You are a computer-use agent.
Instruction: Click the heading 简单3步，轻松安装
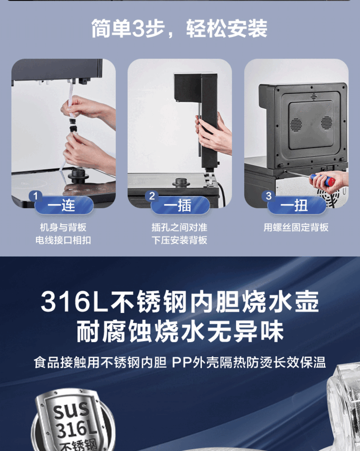click(x=180, y=28)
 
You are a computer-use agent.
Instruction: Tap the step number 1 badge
click(x=36, y=196)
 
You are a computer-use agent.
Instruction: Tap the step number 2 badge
click(x=152, y=196)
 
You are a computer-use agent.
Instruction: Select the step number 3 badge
click(x=268, y=196)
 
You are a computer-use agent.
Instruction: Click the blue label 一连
click(x=61, y=206)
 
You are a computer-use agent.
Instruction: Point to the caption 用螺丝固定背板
click(x=296, y=227)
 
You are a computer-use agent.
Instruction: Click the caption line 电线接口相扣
click(x=63, y=240)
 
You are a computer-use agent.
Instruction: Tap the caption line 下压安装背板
click(x=180, y=240)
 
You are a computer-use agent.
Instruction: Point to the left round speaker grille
click(x=296, y=124)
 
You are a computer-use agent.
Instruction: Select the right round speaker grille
click(x=326, y=122)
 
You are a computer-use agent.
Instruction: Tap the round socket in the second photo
click(x=180, y=182)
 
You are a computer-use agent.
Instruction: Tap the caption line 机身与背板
click(x=63, y=227)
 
